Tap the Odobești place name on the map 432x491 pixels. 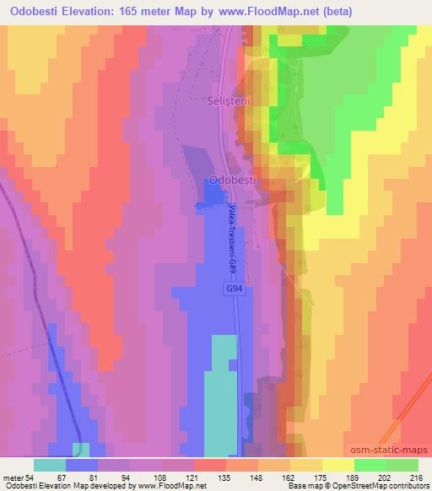234,180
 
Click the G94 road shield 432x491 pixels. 236,289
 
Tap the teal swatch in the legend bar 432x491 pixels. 50,465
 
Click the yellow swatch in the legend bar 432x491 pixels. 338,465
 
